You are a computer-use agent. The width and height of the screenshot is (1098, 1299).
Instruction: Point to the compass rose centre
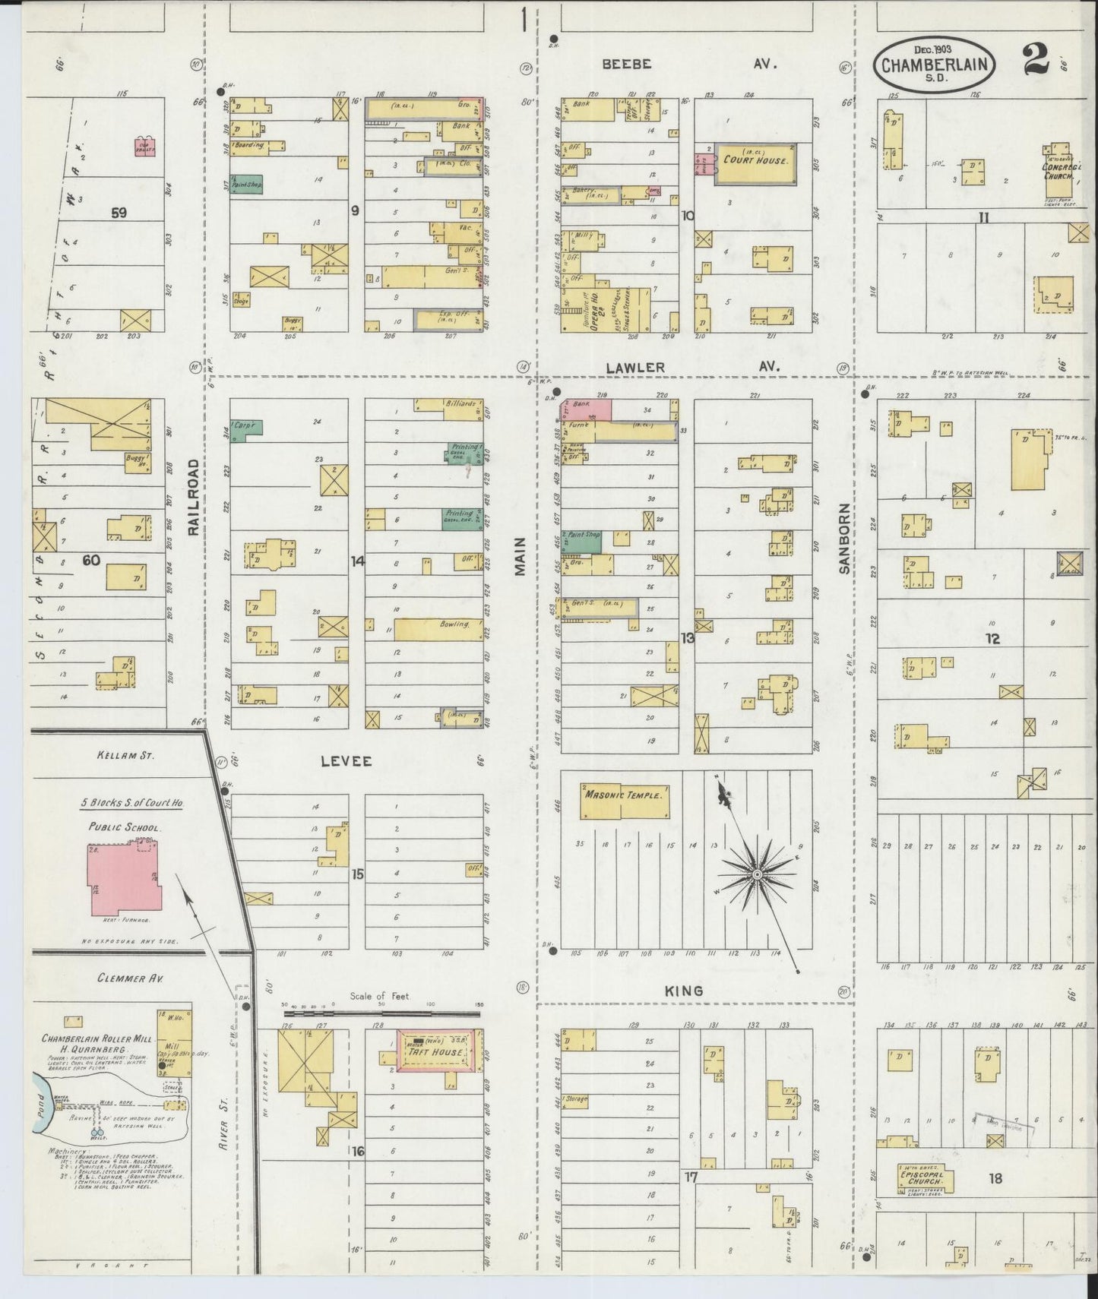[x=757, y=875]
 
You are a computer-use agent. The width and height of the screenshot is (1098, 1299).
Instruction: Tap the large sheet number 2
[x=1036, y=61]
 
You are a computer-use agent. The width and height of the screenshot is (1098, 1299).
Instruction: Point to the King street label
[x=684, y=991]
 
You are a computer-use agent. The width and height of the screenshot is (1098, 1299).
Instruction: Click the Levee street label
[x=346, y=760]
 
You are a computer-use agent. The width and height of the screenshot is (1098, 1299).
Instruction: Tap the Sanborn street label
[x=845, y=538]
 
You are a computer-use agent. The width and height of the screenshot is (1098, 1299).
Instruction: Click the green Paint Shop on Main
[x=582, y=541]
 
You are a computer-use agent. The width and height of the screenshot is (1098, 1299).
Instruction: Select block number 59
[x=119, y=213]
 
